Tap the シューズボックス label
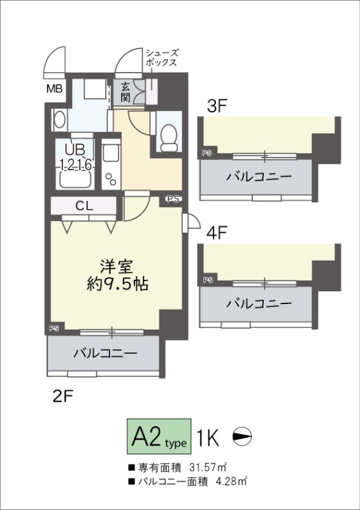pos(162,59)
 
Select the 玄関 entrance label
pos(125,92)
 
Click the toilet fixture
pos(169,136)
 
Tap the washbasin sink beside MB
pos(59,119)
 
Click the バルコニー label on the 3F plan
pos(257,177)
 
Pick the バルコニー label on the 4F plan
pos(257,303)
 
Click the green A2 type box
pos(159,437)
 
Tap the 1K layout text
pos(209,438)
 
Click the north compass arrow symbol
pos(243,438)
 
